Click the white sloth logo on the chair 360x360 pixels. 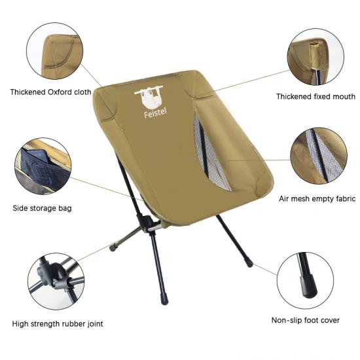(149, 97)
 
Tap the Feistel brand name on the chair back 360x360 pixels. (155, 113)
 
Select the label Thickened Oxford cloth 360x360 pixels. (51, 92)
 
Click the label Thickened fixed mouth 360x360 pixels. (315, 97)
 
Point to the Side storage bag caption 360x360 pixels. (42, 208)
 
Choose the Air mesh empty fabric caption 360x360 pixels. (317, 198)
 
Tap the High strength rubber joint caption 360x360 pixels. (58, 324)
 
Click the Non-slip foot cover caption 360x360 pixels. (306, 320)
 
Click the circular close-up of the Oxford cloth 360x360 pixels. (54, 51)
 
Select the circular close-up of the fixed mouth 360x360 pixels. (315, 57)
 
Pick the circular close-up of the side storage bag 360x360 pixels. (43, 166)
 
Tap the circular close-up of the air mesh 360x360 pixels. (319, 156)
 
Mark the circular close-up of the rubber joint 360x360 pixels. (56, 281)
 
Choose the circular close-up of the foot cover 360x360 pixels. (305, 281)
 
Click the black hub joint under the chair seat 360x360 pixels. (145, 223)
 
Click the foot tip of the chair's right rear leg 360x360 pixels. (249, 263)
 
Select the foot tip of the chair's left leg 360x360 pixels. (113, 247)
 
